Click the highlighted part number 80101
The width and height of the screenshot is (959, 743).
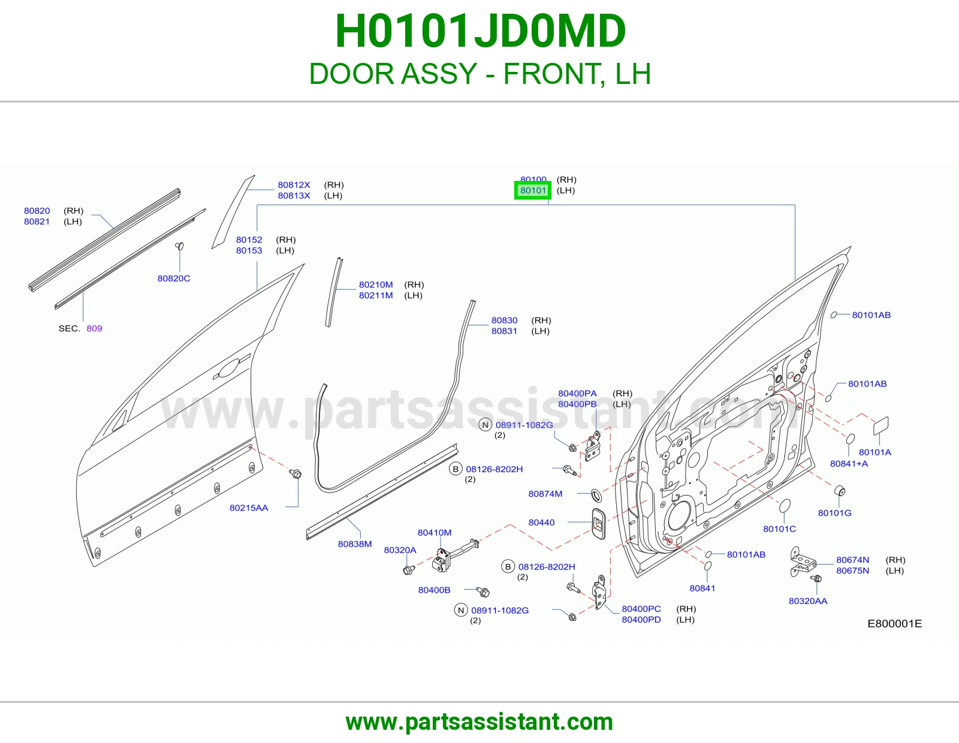click(x=533, y=190)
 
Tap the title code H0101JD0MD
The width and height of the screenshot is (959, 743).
click(x=480, y=31)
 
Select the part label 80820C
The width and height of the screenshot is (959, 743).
click(x=174, y=279)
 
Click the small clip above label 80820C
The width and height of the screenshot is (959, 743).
click(x=179, y=246)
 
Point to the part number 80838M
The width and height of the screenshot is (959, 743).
click(x=355, y=544)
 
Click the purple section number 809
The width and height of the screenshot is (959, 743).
click(x=95, y=328)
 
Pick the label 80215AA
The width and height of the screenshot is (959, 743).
click(x=249, y=508)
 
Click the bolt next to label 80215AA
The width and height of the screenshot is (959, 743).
click(x=295, y=474)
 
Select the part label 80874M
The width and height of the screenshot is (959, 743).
click(x=545, y=494)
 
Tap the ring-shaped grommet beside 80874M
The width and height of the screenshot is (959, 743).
click(x=596, y=495)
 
